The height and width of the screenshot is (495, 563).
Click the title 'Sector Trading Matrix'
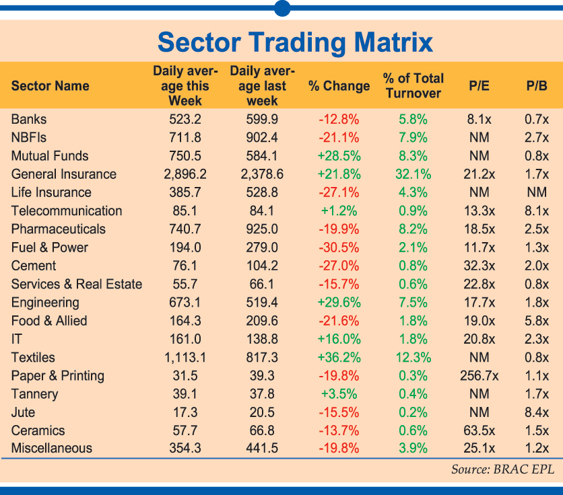click(295, 42)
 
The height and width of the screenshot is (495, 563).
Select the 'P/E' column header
click(479, 86)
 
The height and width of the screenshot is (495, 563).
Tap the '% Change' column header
click(339, 86)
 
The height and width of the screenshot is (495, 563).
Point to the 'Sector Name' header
click(51, 86)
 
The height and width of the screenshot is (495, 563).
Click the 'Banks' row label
click(29, 119)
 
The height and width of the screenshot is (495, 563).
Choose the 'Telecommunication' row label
click(67, 211)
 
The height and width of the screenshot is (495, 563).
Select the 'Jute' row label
click(23, 412)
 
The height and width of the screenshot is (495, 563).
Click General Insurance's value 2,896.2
click(185, 174)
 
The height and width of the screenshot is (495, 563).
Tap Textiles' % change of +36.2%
click(339, 357)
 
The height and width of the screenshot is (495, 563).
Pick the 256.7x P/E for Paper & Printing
click(479, 375)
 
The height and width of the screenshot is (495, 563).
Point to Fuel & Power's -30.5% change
click(339, 247)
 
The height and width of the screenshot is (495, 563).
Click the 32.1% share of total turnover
click(413, 174)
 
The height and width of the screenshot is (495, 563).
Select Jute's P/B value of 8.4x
click(537, 412)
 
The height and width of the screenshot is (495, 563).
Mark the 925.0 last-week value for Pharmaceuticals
click(262, 229)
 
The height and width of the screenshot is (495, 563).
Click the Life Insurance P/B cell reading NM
click(537, 192)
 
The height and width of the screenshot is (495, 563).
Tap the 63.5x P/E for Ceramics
click(479, 430)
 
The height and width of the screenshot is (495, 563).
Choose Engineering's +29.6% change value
click(339, 303)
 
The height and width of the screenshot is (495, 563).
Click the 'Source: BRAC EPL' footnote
click(502, 469)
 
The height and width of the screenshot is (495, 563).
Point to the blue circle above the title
click(282, 8)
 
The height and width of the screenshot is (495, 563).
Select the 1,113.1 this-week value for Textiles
click(185, 357)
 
